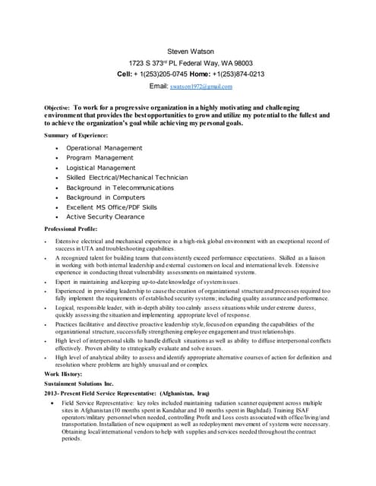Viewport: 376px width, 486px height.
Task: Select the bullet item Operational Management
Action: tap(104, 148)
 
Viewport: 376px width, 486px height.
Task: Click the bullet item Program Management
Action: tap(100, 158)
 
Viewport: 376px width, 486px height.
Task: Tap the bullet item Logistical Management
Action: tap(101, 168)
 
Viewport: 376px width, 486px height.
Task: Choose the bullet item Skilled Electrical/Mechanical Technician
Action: tap(127, 178)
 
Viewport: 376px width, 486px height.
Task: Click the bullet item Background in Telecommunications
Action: tap(120, 188)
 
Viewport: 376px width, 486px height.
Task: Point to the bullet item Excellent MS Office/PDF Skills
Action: tap(112, 207)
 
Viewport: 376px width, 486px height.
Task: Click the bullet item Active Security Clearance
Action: tap(105, 217)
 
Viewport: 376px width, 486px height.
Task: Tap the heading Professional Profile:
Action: tap(71, 229)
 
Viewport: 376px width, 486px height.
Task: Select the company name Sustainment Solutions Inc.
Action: tap(78, 385)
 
